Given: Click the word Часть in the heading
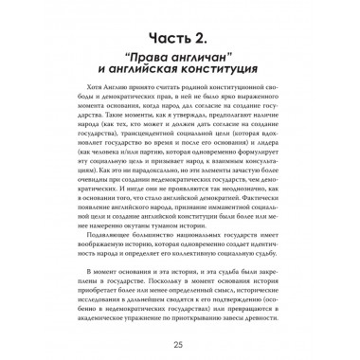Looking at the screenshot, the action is pos(165,28).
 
